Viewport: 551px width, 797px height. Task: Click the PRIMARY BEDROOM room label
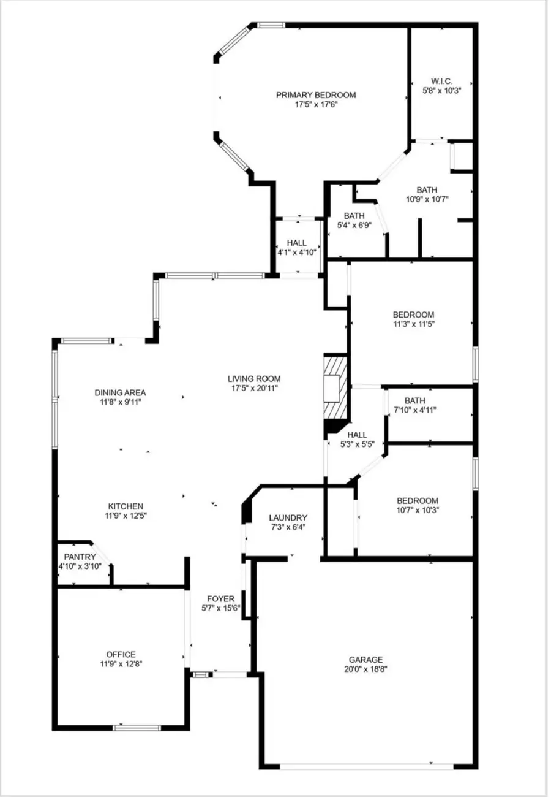(315, 95)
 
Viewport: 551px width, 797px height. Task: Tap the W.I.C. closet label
(441, 81)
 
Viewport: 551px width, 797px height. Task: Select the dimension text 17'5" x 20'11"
(254, 388)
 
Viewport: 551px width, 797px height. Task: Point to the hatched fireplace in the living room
(335, 387)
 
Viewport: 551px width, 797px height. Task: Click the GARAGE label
(367, 660)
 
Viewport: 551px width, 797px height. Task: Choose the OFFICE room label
(121, 654)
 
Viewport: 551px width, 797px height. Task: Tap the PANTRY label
(80, 557)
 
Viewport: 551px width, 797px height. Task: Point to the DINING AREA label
(120, 393)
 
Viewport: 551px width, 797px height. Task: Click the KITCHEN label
(126, 506)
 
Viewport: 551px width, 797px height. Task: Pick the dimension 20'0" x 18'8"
(367, 669)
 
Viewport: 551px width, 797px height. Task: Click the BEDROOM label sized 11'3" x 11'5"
(414, 315)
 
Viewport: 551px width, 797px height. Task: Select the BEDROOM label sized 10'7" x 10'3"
(418, 500)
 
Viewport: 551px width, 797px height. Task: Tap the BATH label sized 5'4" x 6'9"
(354, 216)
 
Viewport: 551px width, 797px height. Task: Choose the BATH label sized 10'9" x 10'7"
(427, 190)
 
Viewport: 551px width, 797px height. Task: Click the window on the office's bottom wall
(137, 728)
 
